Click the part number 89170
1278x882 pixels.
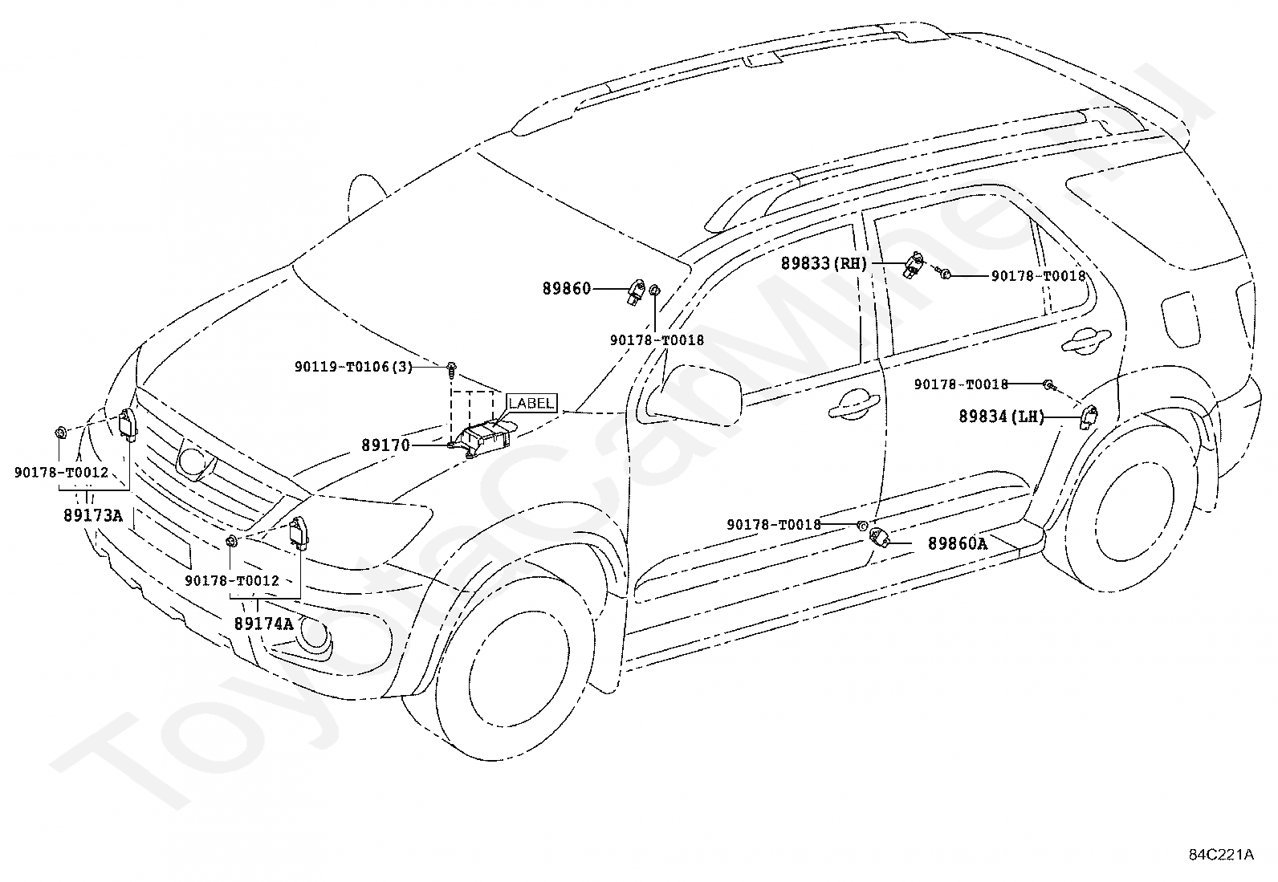[385, 445]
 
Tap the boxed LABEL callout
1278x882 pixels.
[531, 403]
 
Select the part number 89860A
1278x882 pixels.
[958, 543]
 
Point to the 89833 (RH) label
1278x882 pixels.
[824, 263]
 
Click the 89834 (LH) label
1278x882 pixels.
[1001, 417]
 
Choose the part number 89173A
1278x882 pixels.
[93, 516]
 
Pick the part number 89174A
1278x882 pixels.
[263, 624]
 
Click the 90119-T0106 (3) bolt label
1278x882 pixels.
[353, 367]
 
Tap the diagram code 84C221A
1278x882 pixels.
[1222, 855]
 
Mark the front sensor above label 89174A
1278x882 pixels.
[299, 534]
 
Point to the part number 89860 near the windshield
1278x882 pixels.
[567, 289]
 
